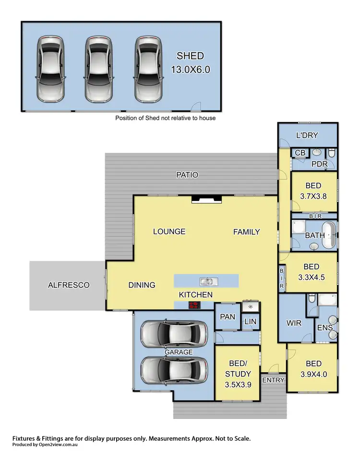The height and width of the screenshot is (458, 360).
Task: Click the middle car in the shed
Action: pos(99,69)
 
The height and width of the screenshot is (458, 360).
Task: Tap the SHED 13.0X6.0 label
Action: pos(191,62)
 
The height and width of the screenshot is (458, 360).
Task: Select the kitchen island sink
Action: pos(206,282)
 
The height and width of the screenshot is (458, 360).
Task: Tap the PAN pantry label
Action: pos(227,317)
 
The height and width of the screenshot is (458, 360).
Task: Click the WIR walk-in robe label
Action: pos(294,323)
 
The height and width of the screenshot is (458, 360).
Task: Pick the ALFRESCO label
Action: pos(69,285)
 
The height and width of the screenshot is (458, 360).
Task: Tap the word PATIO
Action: pos(187,175)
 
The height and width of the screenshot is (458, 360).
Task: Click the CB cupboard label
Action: pos(300,153)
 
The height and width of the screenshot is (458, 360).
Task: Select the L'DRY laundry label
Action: pos(307,135)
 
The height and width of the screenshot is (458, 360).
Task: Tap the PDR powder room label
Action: pos(319,164)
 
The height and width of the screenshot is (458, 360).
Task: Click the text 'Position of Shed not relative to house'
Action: pos(165,117)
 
